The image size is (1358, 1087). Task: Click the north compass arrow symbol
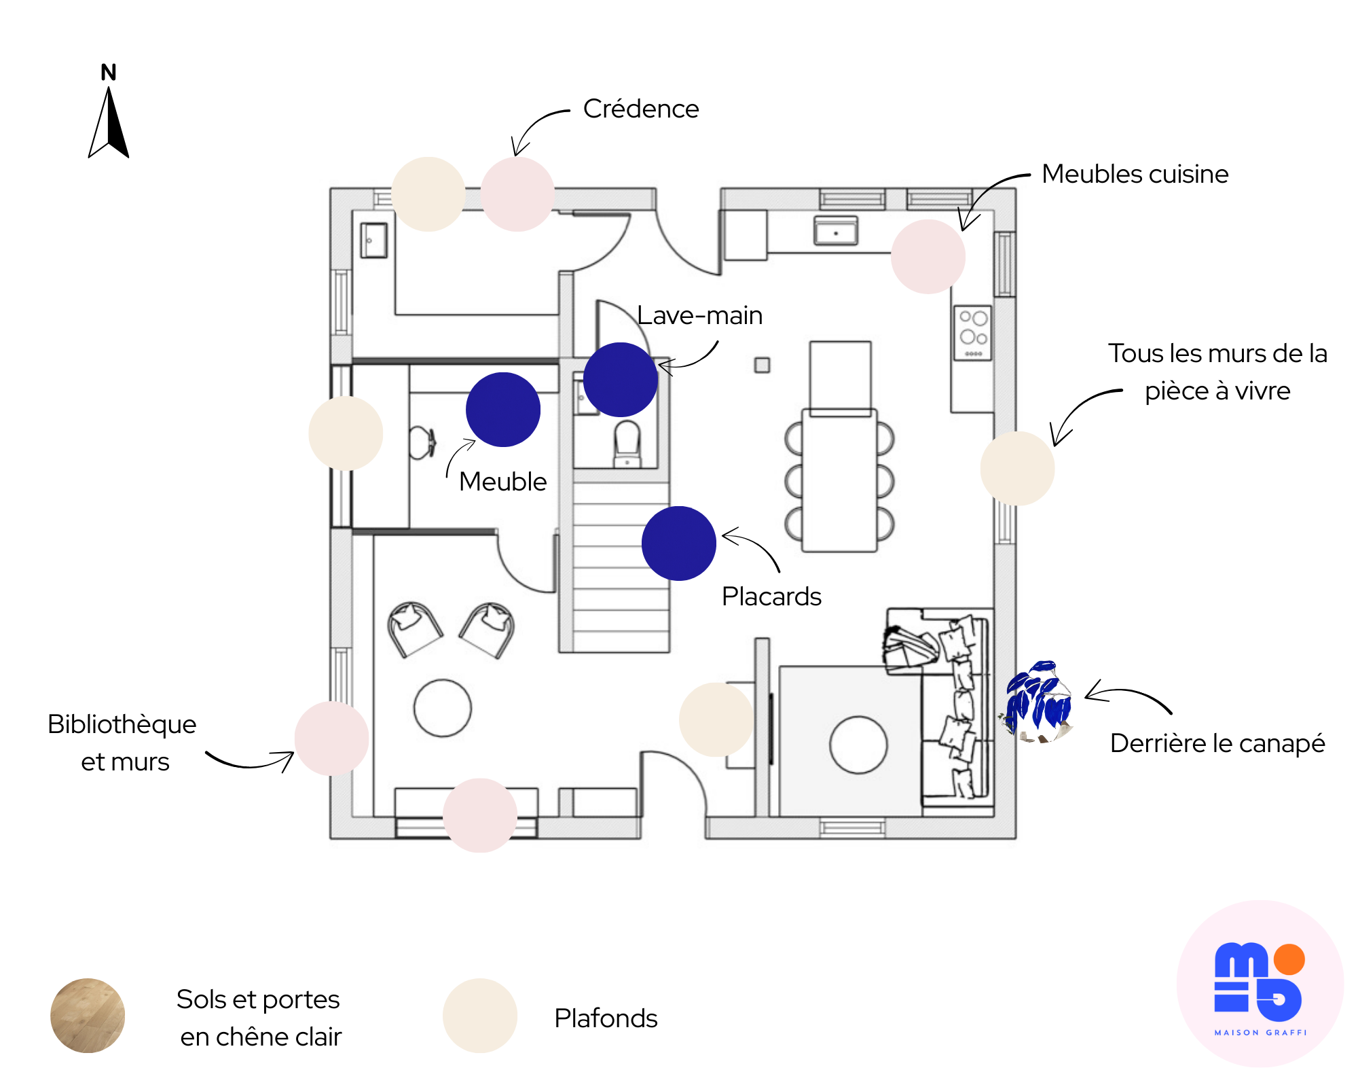coord(109,122)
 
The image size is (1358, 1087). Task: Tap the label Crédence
coord(640,109)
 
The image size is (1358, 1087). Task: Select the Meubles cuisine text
coord(1135,174)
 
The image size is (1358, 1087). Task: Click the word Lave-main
coord(699,315)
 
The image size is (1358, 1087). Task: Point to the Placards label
coord(771,596)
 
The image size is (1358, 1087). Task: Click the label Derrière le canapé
coord(1217,743)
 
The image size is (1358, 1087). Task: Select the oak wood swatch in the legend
coord(88,1016)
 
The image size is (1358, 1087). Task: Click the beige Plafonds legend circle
coord(480,1016)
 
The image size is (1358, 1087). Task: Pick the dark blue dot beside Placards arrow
coord(679,543)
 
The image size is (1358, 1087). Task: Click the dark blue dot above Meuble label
coord(503,410)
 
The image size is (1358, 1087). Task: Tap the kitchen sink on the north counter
coord(836,230)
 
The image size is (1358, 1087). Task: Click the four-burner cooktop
coord(973,333)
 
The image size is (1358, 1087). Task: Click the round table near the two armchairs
coord(443,708)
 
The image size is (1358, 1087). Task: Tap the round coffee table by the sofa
coord(858,745)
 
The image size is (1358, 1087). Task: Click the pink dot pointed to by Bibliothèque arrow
coord(331,738)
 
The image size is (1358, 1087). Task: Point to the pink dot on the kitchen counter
coord(928,257)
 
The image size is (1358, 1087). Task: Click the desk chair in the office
coord(422,442)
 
